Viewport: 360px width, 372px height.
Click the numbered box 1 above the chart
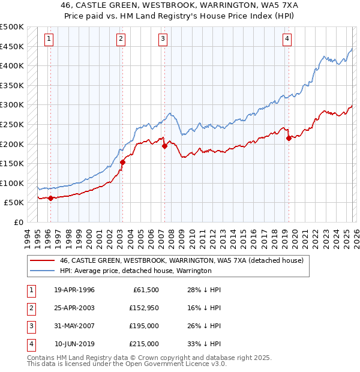[49, 39]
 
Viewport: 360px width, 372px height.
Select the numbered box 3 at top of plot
[163, 39]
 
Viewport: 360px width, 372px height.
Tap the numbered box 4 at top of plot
[287, 39]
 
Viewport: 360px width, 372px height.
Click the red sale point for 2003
[122, 162]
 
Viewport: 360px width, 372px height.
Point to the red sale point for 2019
[289, 138]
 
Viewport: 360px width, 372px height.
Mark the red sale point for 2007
[164, 146]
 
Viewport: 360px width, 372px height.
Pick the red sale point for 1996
[50, 198]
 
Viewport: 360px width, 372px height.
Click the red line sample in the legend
[43, 261]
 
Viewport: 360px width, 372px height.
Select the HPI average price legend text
[135, 271]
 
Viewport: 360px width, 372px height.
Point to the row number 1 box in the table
[30, 290]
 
